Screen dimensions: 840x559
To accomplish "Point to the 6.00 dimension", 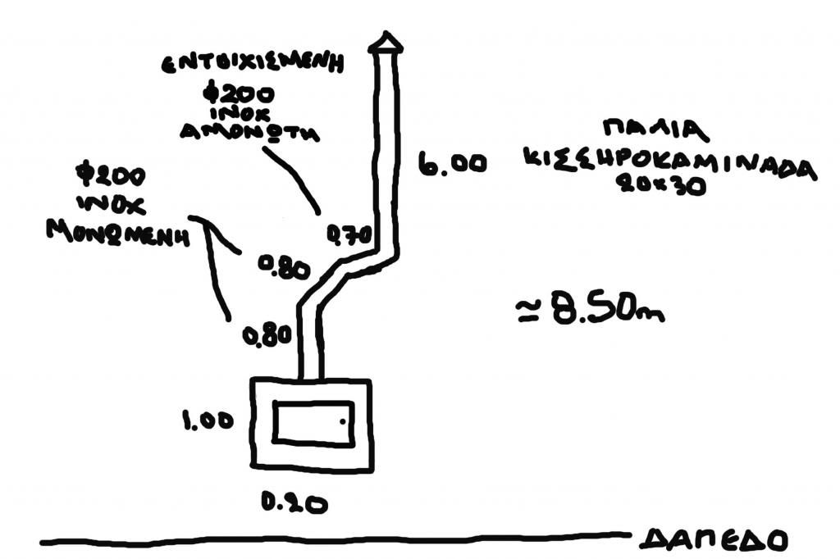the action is pyautogui.click(x=452, y=164).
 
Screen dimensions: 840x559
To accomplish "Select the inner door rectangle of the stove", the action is pyautogui.click(x=313, y=423).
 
